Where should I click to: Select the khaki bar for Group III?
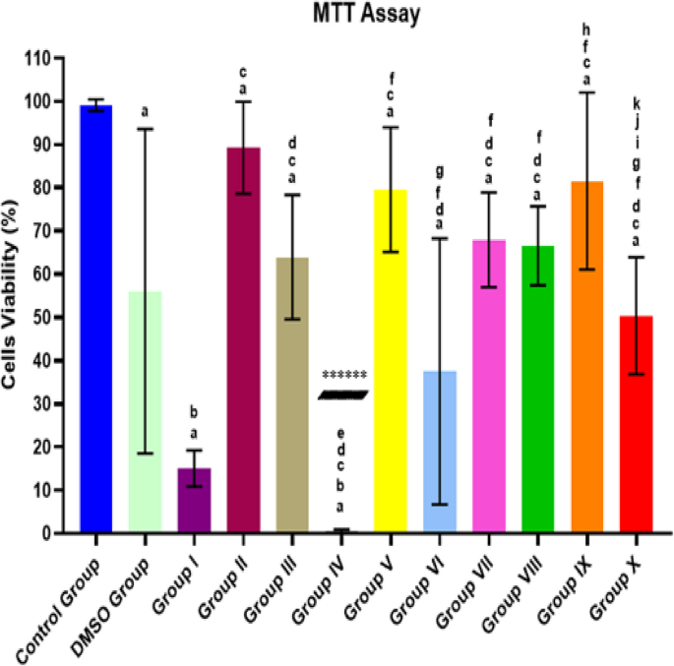(x=292, y=394)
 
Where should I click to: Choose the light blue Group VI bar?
(x=440, y=452)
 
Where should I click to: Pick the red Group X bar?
(x=636, y=424)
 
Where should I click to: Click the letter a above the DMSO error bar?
(x=146, y=111)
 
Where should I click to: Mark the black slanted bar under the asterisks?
(x=342, y=395)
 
